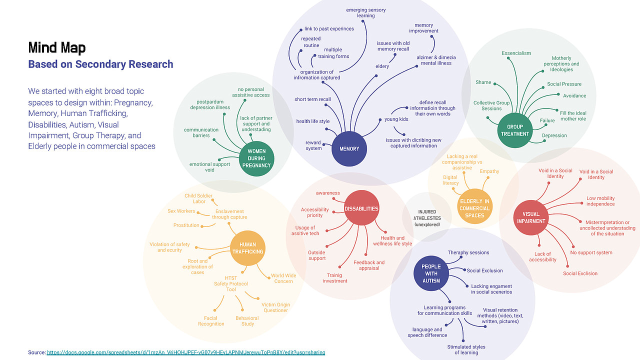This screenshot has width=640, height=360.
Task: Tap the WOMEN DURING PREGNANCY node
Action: [x=256, y=158]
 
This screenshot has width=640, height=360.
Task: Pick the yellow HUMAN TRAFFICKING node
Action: [x=247, y=248]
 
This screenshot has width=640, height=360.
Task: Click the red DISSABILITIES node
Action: [x=361, y=208]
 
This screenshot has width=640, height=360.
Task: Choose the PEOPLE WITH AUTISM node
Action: [x=431, y=273]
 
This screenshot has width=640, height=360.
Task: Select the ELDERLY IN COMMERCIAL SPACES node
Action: [x=474, y=208]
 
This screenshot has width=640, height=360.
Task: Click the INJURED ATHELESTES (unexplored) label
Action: [x=426, y=218]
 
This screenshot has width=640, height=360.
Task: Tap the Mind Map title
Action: [x=57, y=48]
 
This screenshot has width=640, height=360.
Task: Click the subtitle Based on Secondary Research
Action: [x=100, y=64]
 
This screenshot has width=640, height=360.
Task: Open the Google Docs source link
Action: [x=186, y=352]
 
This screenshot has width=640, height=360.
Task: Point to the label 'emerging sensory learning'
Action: [x=366, y=12]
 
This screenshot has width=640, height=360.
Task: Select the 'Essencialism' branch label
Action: [x=516, y=53]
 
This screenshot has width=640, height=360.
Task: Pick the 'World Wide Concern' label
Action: [x=283, y=278]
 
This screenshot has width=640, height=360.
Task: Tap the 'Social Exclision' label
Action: [x=580, y=273]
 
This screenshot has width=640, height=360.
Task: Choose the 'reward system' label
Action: [x=313, y=145]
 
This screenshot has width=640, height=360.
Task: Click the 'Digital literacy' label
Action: [x=450, y=180]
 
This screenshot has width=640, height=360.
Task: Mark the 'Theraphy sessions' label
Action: [x=468, y=252]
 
